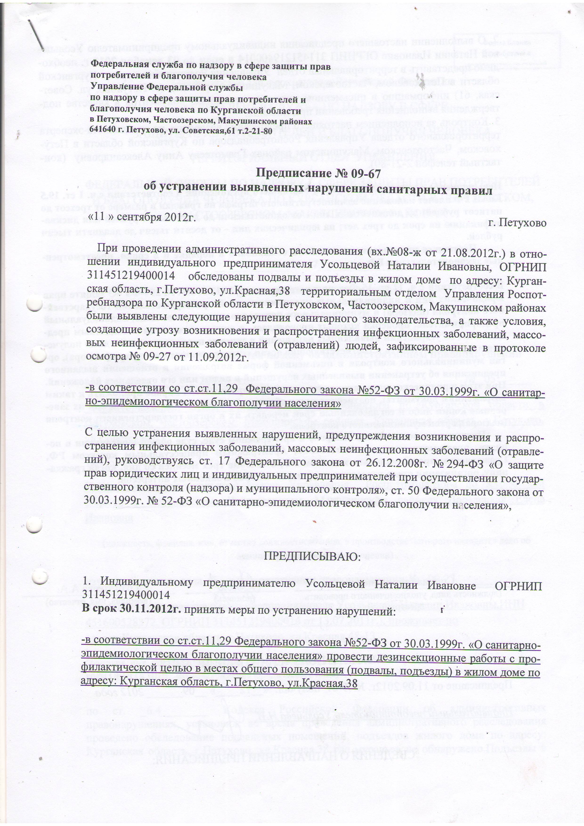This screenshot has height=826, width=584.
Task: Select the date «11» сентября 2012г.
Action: coord(141,217)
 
